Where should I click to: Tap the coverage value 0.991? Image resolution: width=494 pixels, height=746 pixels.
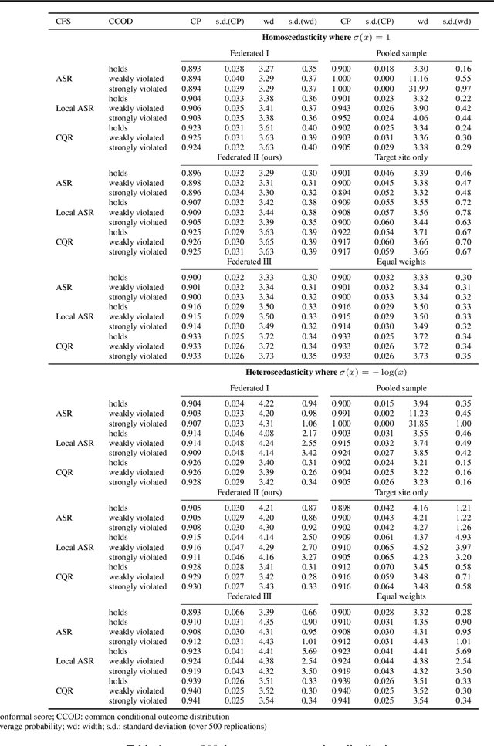pyautogui.click(x=341, y=414)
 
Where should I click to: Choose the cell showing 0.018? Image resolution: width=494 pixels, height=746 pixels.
pyautogui.click(x=363, y=69)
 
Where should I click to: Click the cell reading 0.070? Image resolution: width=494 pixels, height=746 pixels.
pyautogui.click(x=363, y=566)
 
